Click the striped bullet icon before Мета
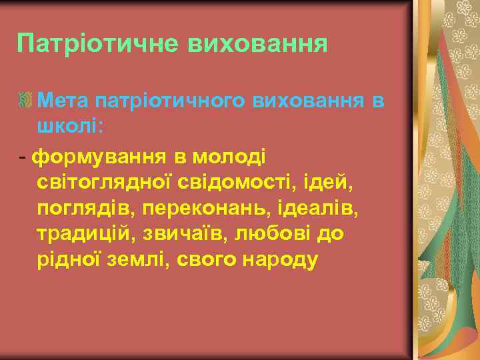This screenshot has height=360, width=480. (x=26, y=101)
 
